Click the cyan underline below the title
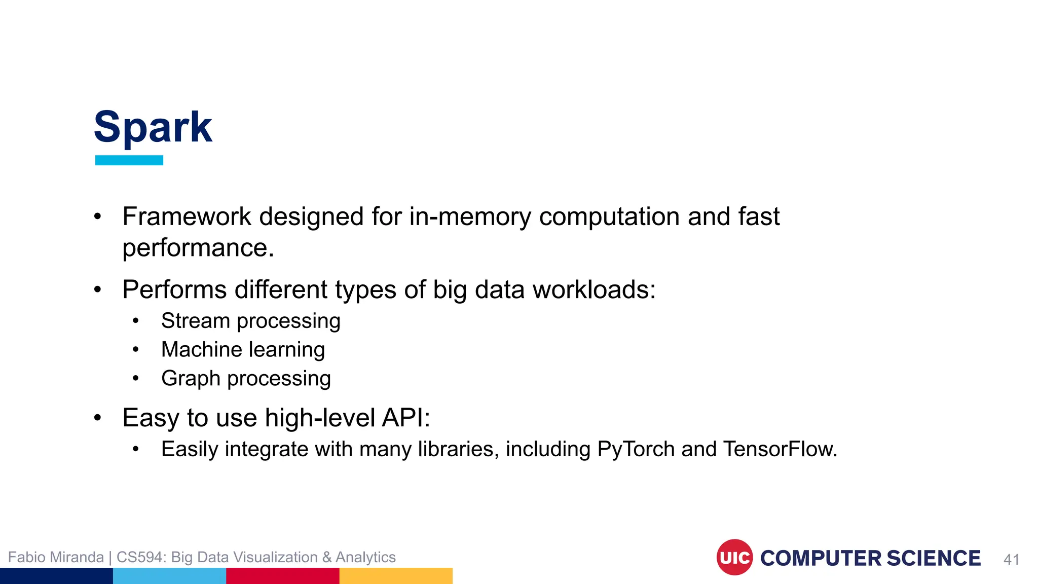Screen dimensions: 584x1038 pyautogui.click(x=129, y=160)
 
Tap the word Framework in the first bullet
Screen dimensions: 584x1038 pyautogui.click(x=187, y=217)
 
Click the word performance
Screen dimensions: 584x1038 pyautogui.click(x=198, y=248)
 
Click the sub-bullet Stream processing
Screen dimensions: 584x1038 pyautogui.click(x=250, y=321)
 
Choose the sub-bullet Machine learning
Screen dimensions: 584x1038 pyautogui.click(x=243, y=350)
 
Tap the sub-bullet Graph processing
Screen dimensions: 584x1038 pyautogui.click(x=246, y=379)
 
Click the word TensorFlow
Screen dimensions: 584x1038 pyautogui.click(x=780, y=449)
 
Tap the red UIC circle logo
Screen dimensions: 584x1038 pyautogui.click(x=734, y=557)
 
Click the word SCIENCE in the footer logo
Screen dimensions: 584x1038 pyautogui.click(x=934, y=558)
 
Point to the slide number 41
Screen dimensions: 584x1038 pyautogui.click(x=1011, y=560)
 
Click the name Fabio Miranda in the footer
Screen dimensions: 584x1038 pyautogui.click(x=56, y=557)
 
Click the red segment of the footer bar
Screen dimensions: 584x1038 pyautogui.click(x=282, y=576)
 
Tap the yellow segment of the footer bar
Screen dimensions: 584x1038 pyautogui.click(x=395, y=576)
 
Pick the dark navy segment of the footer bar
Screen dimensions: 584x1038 pyautogui.click(x=56, y=576)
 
